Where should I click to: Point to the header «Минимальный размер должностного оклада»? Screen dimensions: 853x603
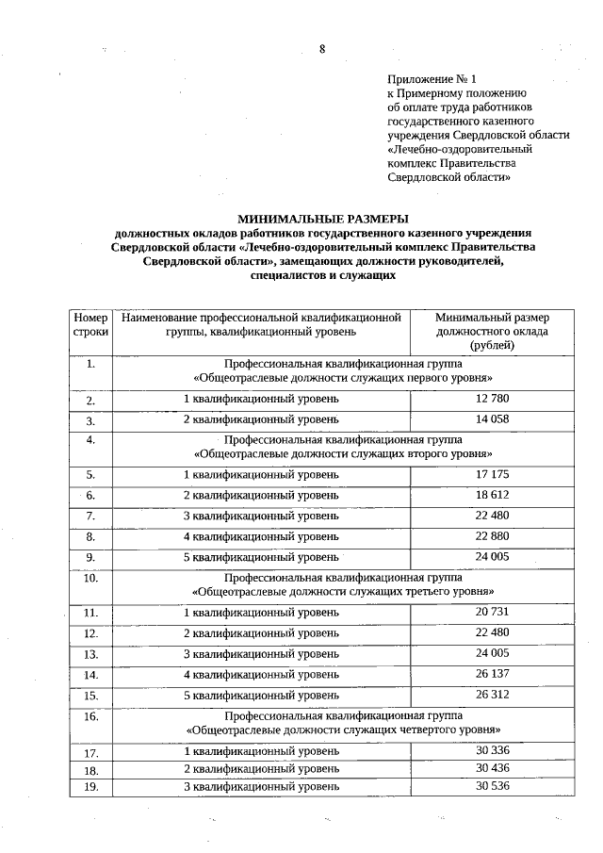[x=492, y=331]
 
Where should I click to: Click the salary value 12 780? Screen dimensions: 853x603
[x=492, y=400]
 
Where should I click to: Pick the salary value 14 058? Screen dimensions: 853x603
[x=492, y=419]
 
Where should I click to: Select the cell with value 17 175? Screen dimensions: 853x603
[x=492, y=475]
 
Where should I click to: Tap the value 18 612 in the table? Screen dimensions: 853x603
[x=492, y=495]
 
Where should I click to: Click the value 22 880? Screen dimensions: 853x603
[x=492, y=536]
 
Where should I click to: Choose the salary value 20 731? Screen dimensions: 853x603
[x=492, y=613]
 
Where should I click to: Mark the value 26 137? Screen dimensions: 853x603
[x=492, y=674]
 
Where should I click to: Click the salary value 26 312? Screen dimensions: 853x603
[x=492, y=695]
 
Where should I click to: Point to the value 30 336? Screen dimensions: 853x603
[x=492, y=751]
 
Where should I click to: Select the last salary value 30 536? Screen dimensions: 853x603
[x=492, y=785]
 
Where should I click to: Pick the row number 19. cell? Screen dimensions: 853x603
[x=90, y=786]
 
